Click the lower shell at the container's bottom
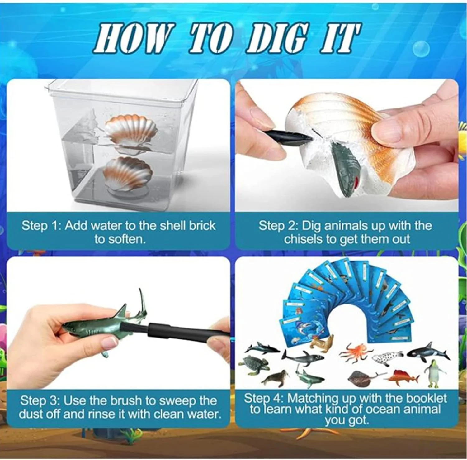pyautogui.click(x=128, y=173)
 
